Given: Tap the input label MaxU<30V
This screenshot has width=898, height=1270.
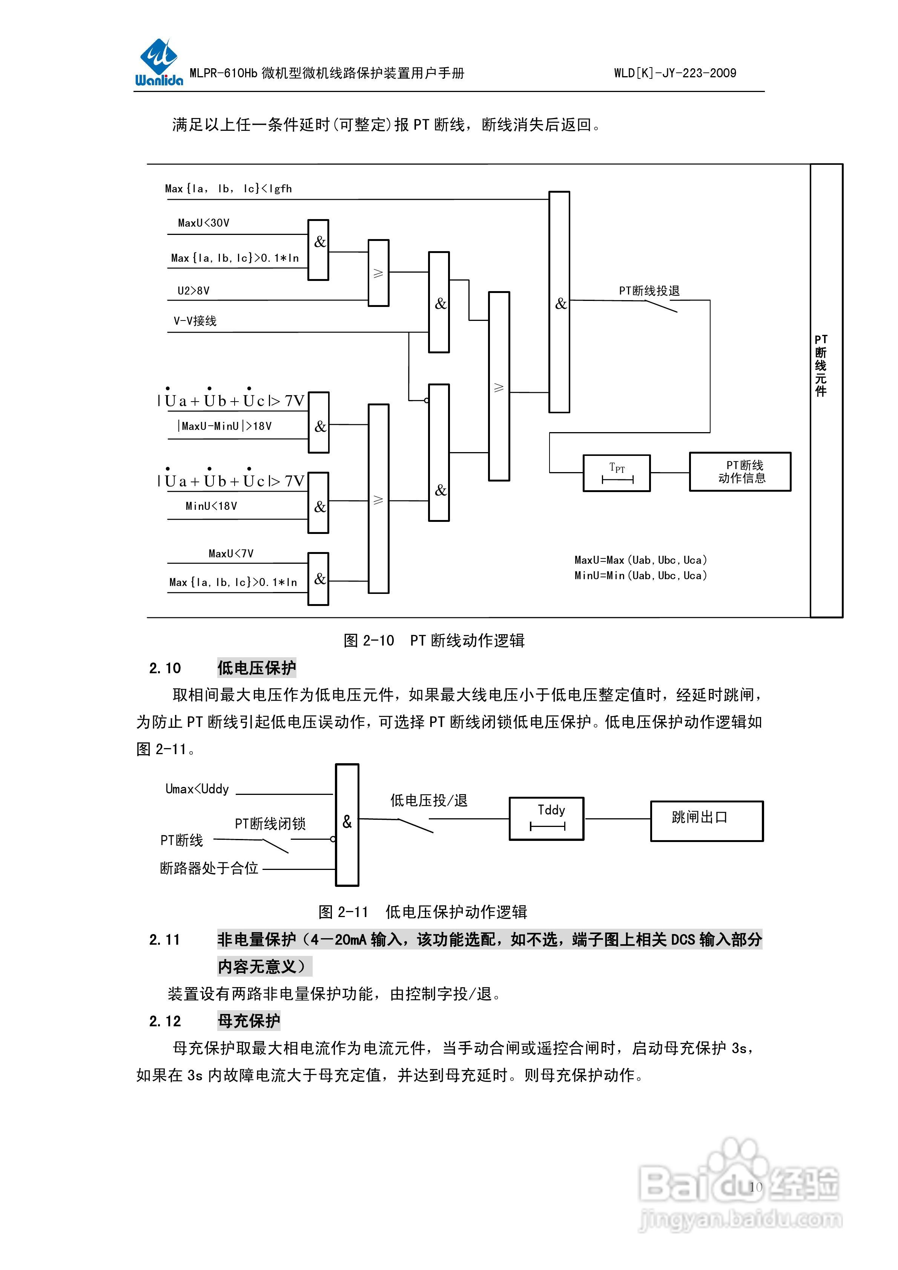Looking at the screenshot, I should click(204, 223).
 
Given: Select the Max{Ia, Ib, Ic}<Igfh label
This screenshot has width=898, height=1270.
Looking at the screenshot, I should click(228, 189).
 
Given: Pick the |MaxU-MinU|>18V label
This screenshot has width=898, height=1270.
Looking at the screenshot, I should click(225, 426).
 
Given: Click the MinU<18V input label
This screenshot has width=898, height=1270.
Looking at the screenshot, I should click(211, 506).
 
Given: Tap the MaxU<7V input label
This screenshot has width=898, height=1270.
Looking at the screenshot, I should click(231, 554).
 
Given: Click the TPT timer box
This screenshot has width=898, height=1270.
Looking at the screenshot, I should click(616, 473).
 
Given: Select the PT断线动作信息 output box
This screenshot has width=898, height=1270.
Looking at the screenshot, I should click(740, 472).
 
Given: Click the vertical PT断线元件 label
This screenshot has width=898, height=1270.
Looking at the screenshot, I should click(821, 365).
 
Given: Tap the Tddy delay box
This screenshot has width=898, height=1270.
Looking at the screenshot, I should click(546, 819).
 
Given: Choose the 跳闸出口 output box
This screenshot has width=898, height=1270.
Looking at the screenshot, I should click(706, 821).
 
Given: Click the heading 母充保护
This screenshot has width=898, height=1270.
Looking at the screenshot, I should click(249, 1020).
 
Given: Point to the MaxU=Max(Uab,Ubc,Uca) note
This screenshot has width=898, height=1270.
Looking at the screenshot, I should click(640, 560).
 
